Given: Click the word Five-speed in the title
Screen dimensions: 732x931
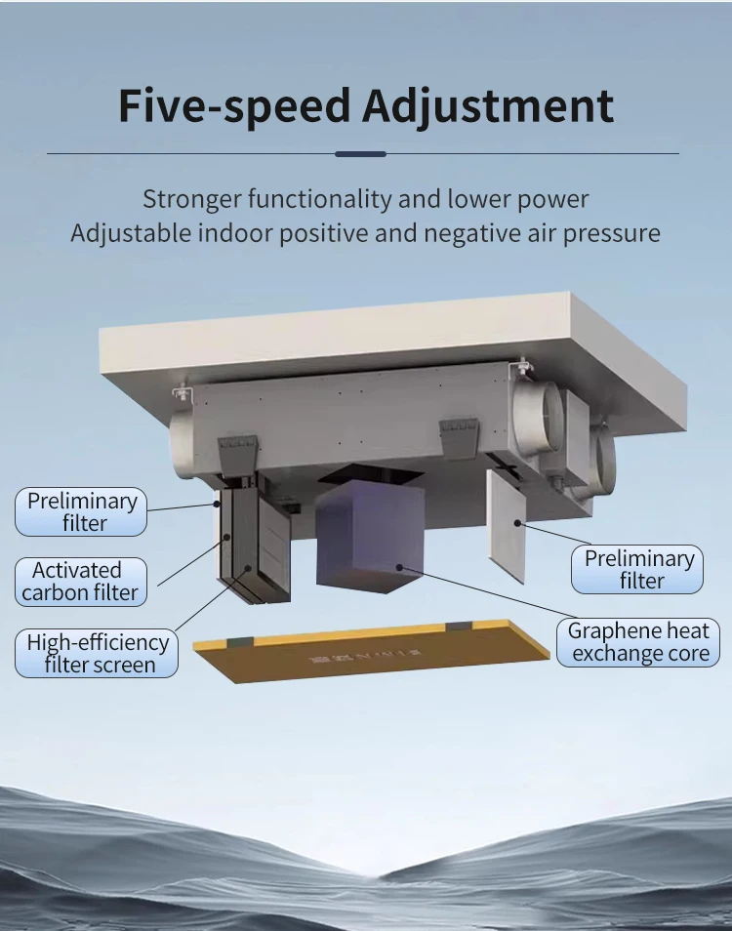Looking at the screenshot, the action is tap(234, 105).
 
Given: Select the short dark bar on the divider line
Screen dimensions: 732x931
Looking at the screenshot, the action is tap(360, 154).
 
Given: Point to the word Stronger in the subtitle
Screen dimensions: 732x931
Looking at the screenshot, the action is tap(191, 199).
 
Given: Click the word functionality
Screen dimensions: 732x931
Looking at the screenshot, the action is tap(320, 199).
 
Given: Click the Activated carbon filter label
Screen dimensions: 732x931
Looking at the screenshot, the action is tap(81, 582).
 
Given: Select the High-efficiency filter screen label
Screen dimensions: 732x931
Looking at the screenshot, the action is tap(97, 653).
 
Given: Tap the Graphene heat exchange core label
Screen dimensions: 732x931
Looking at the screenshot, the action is tap(638, 642).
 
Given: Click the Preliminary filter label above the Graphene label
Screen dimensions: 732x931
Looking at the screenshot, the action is tap(637, 569).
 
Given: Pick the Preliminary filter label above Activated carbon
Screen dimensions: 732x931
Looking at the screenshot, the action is tap(81, 511).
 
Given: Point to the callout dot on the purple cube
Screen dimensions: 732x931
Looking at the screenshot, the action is tap(400, 568).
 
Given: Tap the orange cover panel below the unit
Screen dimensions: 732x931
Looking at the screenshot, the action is tap(372, 651).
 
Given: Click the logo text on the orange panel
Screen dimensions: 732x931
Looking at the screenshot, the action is tap(365, 656).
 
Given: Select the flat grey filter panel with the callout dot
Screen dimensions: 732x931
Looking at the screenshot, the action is tap(507, 525).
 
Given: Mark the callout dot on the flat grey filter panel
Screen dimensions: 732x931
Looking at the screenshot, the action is tap(517, 523).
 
